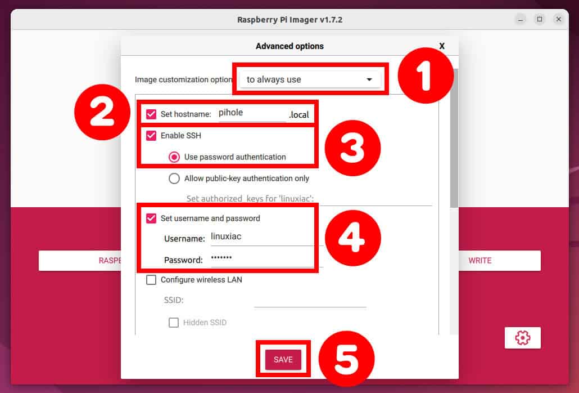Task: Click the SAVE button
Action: [283, 359]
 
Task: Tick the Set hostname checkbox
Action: [151, 114]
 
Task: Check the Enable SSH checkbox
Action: [151, 136]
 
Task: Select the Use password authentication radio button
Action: [174, 157]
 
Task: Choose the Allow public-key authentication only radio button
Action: [174, 178]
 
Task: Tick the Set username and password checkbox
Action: [151, 218]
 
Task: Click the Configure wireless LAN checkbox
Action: [151, 280]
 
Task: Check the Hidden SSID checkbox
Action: [174, 323]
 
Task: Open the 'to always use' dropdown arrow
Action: [369, 79]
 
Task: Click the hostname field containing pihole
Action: [252, 113]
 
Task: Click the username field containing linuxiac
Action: [259, 237]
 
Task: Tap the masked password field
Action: [259, 259]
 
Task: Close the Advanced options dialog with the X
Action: [442, 46]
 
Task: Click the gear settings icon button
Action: [522, 338]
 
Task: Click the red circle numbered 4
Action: [352, 238]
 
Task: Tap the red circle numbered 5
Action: [346, 358]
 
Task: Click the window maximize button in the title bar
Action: [539, 19]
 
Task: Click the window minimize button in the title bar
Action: [521, 19]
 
